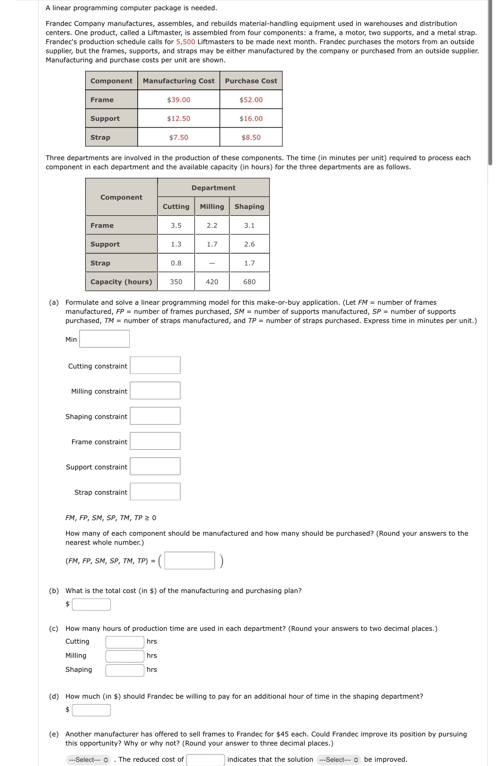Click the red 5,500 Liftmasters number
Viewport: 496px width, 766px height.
click(185, 42)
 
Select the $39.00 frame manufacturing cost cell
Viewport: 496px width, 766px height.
click(178, 100)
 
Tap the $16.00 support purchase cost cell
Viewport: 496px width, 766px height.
click(251, 118)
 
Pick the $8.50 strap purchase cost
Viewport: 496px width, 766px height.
click(251, 137)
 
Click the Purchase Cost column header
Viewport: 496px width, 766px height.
click(251, 81)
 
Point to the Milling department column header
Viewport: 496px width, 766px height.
click(212, 206)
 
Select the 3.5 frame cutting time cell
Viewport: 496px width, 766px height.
click(176, 226)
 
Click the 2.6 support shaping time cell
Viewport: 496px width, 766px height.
click(249, 244)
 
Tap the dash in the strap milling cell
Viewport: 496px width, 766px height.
click(212, 263)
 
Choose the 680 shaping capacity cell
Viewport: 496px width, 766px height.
click(249, 282)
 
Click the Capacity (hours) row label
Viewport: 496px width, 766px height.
click(121, 282)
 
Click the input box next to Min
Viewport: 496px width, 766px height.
click(104, 339)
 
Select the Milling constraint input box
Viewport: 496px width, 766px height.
click(155, 391)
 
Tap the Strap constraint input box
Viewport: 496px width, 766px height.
click(155, 492)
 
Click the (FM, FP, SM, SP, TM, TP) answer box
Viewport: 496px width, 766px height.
click(189, 560)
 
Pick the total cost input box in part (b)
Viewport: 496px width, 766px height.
click(91, 604)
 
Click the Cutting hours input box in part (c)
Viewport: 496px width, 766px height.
click(125, 642)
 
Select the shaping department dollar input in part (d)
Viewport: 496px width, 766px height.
click(91, 710)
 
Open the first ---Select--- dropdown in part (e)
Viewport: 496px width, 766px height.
click(88, 760)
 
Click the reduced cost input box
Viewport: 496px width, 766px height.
click(205, 760)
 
